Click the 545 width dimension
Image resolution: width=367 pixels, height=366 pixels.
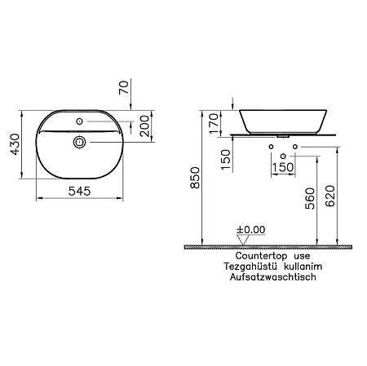[x=79, y=192]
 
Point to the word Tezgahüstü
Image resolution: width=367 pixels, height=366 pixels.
[x=241, y=267]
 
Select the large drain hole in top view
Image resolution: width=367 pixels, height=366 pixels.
[x=79, y=143]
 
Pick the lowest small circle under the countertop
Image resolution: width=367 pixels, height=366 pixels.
[x=282, y=156]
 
